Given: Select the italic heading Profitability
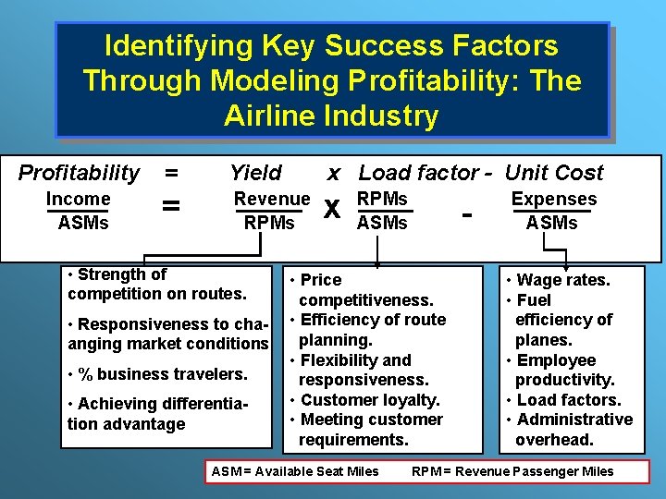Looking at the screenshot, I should coord(80,173).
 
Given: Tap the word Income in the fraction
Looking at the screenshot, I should coord(79,199).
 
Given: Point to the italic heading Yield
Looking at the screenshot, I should coord(255,173).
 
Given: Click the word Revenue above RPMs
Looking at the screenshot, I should coord(272,199).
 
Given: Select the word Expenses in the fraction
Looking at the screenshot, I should coord(554,199).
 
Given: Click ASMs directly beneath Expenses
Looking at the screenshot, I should coord(551,223).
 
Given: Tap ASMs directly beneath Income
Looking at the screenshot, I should coord(83,223).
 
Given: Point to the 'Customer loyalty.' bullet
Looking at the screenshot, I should coord(364,400).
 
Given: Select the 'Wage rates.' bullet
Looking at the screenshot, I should coord(558,280).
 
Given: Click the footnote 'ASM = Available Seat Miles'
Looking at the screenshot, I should coord(295,471).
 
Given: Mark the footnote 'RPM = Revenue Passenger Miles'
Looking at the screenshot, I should coord(512,471).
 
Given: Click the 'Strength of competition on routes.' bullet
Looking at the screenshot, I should coord(156,284).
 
